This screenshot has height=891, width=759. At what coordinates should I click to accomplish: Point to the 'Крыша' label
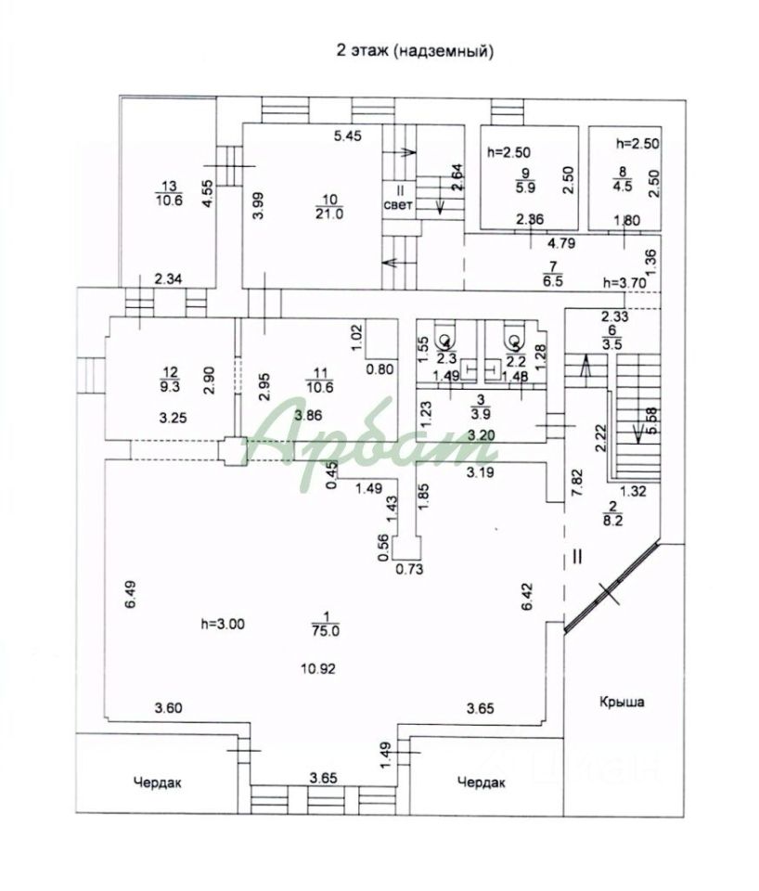621,702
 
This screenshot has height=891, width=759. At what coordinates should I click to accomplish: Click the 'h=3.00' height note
222,625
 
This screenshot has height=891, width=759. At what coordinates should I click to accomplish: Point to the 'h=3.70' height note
624,282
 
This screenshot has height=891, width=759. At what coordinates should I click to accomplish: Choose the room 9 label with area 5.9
525,178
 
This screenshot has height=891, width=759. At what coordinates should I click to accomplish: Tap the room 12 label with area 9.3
169,375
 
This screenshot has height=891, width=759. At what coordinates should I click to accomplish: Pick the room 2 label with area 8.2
611,513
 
